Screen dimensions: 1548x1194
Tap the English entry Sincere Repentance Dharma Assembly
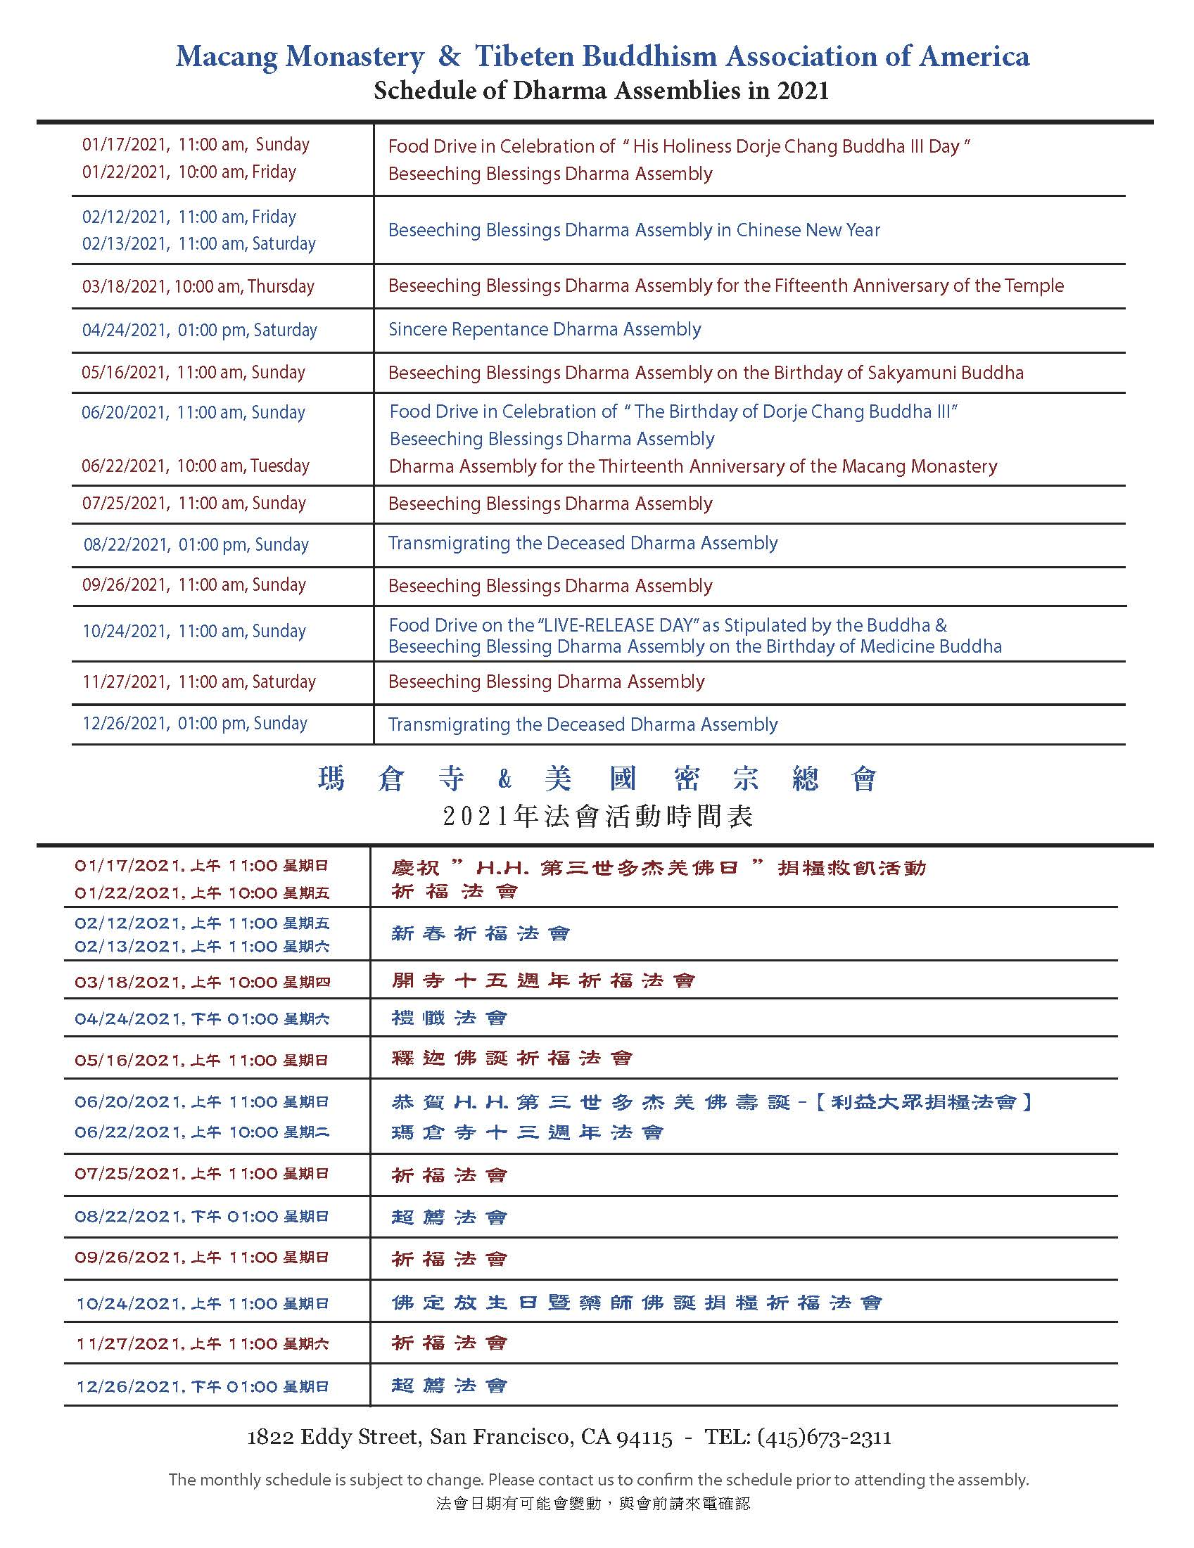(x=545, y=330)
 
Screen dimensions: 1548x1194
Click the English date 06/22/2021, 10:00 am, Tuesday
(x=196, y=466)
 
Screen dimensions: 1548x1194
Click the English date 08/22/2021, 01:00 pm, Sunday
(x=196, y=545)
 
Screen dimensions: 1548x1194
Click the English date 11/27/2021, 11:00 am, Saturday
(x=199, y=682)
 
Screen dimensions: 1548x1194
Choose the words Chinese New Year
(x=808, y=231)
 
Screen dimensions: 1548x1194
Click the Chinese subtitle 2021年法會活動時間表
(x=598, y=817)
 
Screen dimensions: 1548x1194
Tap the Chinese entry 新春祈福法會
(x=481, y=933)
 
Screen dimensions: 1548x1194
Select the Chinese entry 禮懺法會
(x=450, y=1018)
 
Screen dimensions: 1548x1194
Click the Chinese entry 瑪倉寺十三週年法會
(x=528, y=1132)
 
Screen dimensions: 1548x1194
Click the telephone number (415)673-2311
(x=824, y=1437)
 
